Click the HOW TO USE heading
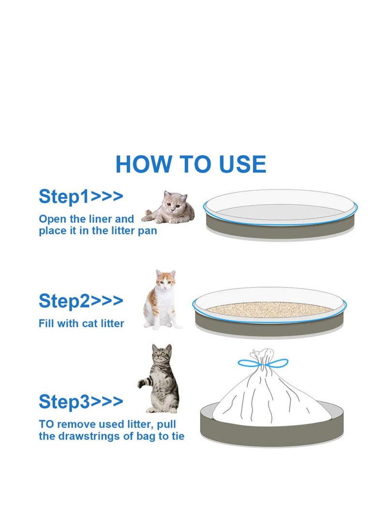pos(191,164)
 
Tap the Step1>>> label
pos(81,196)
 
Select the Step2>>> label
pos(81,301)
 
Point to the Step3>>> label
pos(81,401)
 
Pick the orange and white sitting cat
pos(162,300)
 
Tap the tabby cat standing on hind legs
pos(159,378)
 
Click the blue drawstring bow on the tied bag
pos(263,363)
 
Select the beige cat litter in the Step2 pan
pos(269,309)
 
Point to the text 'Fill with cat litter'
pos(81,324)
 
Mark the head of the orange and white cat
pos(165,279)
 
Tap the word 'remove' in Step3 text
pos(74,424)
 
